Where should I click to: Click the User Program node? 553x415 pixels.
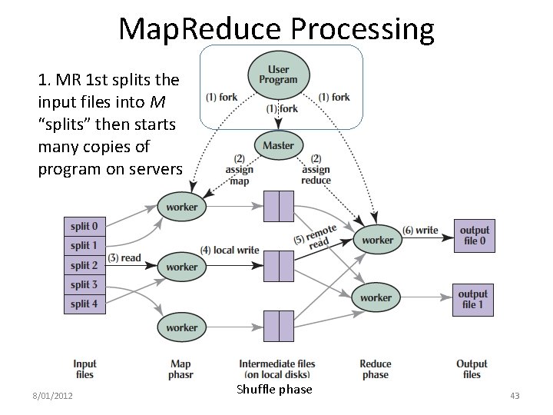pyautogui.click(x=278, y=75)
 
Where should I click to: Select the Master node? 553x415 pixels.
pyautogui.click(x=278, y=145)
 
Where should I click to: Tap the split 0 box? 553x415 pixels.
pyautogui.click(x=84, y=227)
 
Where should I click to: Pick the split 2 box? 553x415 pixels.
pyautogui.click(x=84, y=265)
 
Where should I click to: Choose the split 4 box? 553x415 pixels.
pyautogui.click(x=84, y=304)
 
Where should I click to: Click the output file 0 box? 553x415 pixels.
pyautogui.click(x=473, y=235)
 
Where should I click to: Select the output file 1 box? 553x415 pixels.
pyautogui.click(x=473, y=299)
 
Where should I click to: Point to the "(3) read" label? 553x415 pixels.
pyautogui.click(x=125, y=257)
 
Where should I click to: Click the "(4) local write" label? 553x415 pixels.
pyautogui.click(x=230, y=251)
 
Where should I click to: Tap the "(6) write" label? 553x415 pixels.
pyautogui.click(x=420, y=230)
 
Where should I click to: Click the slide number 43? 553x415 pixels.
pyautogui.click(x=515, y=396)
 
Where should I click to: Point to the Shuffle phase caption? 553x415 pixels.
pyautogui.click(x=275, y=390)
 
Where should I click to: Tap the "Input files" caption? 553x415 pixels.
pyautogui.click(x=85, y=369)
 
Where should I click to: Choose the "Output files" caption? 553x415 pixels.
pyautogui.click(x=472, y=369)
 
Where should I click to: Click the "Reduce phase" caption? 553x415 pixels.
pyautogui.click(x=376, y=369)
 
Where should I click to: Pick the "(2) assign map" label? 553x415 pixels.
pyautogui.click(x=240, y=170)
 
